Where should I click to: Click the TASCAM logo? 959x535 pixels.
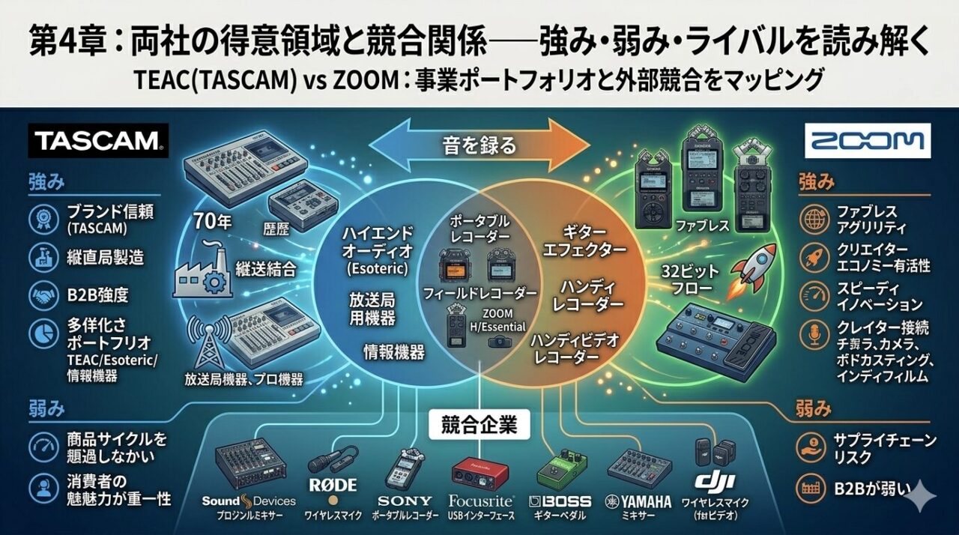97,139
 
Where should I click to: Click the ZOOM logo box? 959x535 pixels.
867,140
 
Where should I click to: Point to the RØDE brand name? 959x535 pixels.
333,484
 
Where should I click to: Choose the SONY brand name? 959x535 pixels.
405,501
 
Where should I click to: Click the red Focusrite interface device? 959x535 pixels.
480,472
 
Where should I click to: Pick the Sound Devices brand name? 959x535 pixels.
249,501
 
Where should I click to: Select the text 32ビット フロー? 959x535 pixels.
689,279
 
